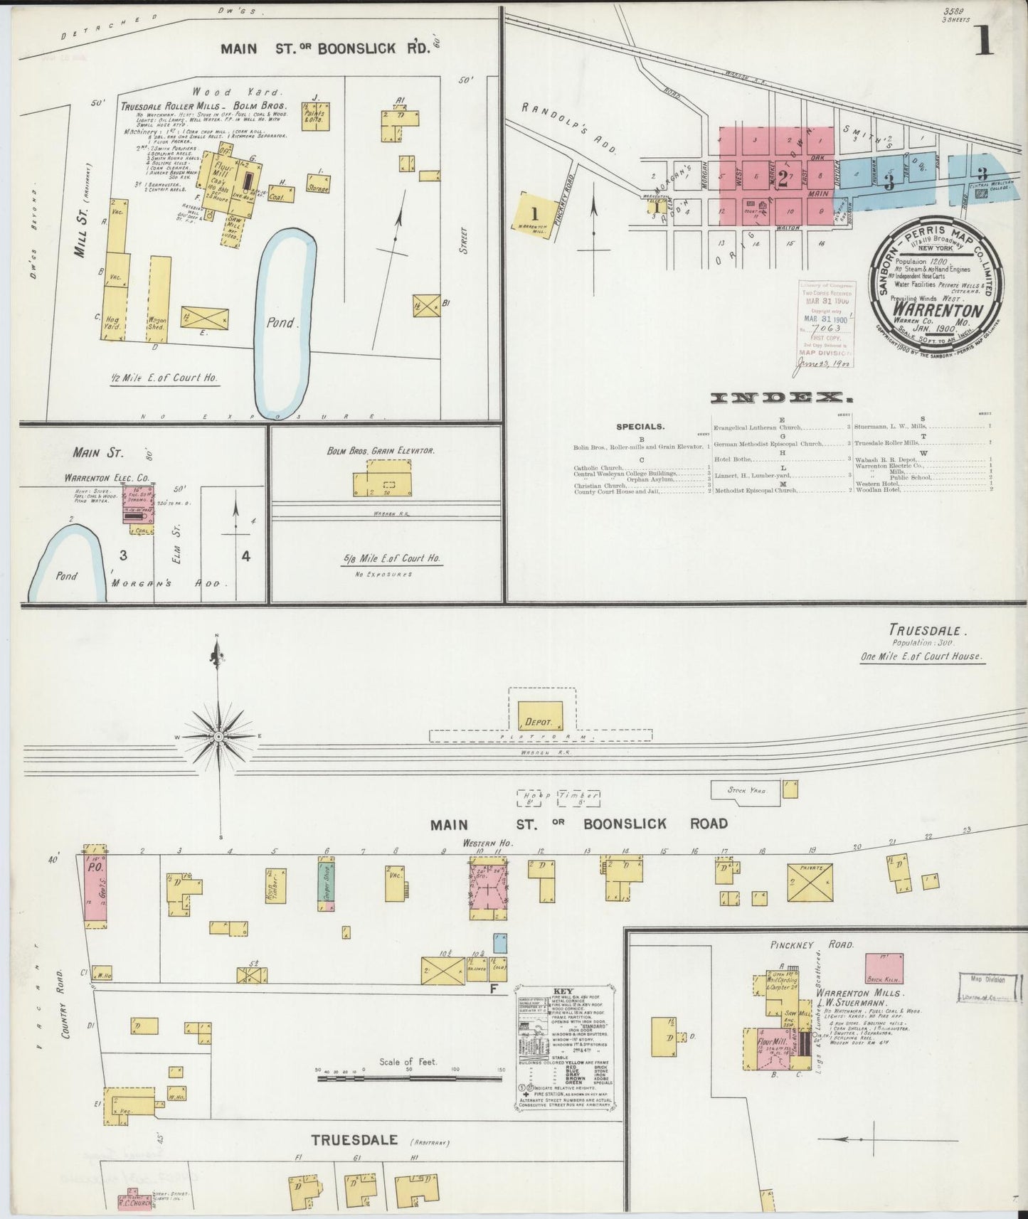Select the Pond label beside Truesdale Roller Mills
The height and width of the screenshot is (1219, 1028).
click(x=281, y=322)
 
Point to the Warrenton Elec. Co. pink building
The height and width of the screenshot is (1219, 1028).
click(x=139, y=506)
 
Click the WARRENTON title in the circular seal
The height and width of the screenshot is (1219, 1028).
click(x=937, y=311)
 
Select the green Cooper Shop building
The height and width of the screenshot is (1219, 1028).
click(x=327, y=884)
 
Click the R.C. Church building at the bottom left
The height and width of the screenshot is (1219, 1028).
click(x=135, y=1202)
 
